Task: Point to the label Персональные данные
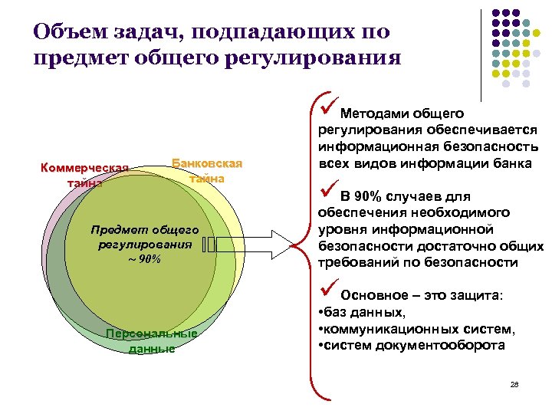point(152,340)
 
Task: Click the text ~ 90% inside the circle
point(145,258)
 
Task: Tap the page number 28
point(514,384)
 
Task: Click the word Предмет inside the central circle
point(117,229)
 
